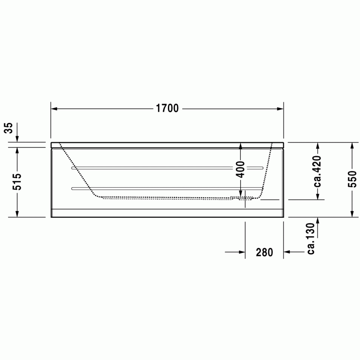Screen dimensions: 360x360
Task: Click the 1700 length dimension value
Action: pyautogui.click(x=167, y=108)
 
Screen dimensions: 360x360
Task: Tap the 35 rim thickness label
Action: pyautogui.click(x=9, y=128)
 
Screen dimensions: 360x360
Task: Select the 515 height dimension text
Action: pyautogui.click(x=17, y=182)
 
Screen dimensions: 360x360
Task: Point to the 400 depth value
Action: pyautogui.click(x=241, y=170)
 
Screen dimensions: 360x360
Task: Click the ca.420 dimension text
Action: pyautogui.click(x=318, y=171)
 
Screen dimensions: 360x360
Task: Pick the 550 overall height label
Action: pyautogui.click(x=352, y=179)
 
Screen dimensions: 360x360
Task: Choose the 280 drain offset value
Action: pyautogui.click(x=265, y=252)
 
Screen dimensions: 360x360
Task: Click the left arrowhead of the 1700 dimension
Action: pyautogui.click(x=54, y=108)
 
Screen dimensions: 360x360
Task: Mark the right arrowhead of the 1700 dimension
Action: pyautogui.click(x=280, y=108)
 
